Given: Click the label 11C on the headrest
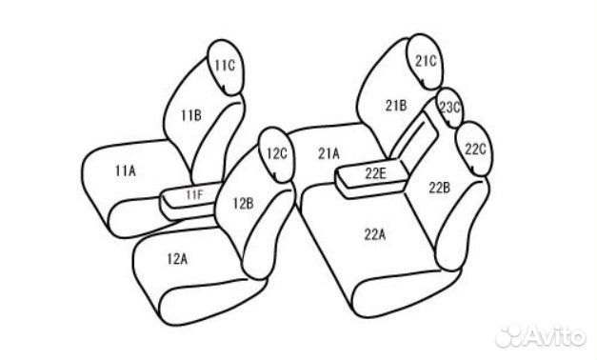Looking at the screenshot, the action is [224, 66].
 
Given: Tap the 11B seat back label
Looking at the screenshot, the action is [190, 116].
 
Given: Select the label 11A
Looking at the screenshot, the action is [125, 170].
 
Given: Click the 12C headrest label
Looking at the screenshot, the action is [276, 152].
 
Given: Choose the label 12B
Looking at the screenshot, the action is [242, 202].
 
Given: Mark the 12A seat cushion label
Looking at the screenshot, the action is [176, 257].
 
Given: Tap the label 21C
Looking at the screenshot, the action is [425, 61].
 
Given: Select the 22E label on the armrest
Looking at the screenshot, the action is [374, 172].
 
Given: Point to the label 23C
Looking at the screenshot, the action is [449, 108].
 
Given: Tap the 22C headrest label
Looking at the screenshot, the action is [476, 150].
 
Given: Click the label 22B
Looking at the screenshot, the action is [439, 186].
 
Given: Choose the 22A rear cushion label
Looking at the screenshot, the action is [374, 233].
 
